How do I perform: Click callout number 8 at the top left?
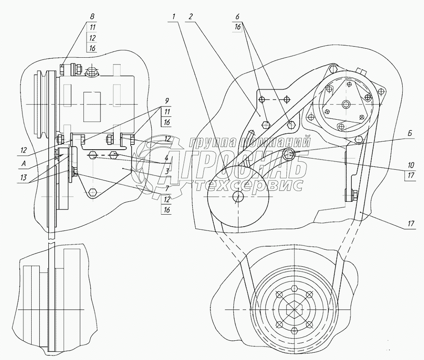click(x=92, y=16)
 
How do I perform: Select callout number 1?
click(x=174, y=17)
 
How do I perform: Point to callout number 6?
click(x=237, y=17)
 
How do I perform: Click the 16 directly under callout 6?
click(x=237, y=27)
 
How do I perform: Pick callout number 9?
click(x=167, y=101)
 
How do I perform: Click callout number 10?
click(x=411, y=165)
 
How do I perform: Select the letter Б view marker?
click(x=410, y=134)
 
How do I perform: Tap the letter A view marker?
click(x=24, y=163)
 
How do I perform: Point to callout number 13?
click(x=24, y=177)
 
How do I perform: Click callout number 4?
click(x=167, y=158)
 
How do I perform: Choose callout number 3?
click(x=167, y=171)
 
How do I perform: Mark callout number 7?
click(x=167, y=188)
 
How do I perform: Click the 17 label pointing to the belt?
click(x=411, y=224)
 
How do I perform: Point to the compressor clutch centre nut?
click(x=346, y=104)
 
